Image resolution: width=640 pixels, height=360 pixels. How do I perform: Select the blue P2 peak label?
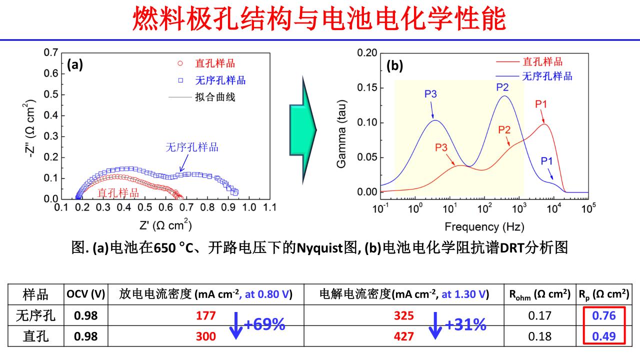click(502, 87)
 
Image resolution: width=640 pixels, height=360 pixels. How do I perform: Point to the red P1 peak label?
click(541, 104)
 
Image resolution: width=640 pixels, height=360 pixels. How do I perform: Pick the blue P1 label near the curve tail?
click(547, 161)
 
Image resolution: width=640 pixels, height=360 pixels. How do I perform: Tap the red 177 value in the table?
click(206, 316)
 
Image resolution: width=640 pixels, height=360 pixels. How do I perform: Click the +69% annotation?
click(264, 325)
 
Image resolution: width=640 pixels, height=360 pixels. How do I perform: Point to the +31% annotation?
click(465, 325)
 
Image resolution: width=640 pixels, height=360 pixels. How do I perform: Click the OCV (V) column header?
click(85, 294)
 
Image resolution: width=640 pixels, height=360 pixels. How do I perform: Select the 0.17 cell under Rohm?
click(540, 316)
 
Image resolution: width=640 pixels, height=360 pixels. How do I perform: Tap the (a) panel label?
click(75, 64)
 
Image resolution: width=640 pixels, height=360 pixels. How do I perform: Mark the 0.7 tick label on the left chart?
click(50, 52)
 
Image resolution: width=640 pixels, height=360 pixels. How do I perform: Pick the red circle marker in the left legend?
click(180, 64)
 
